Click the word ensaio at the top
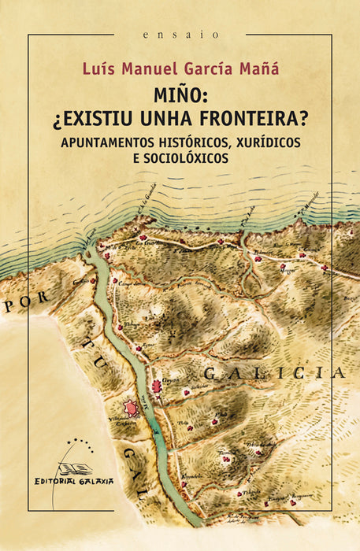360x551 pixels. click(180, 35)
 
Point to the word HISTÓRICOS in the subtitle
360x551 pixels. click(206, 142)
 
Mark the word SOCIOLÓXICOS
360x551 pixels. click(180, 157)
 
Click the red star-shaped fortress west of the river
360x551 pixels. click(128, 408)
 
